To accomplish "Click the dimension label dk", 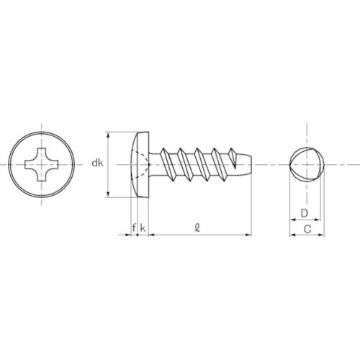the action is pos(97,163).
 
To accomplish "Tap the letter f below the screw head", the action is pos(134,228).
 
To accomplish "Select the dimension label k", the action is pos(143,228).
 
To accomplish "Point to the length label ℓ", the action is pos(197,228).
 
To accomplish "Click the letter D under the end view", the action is pos(305,213).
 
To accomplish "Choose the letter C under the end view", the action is pos(307,229).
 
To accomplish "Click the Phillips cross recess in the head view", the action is pos(42,164).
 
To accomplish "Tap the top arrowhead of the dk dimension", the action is pos(109,135).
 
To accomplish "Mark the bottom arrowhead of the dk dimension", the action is pos(109,194).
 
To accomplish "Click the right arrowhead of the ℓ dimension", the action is pos(248,235).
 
